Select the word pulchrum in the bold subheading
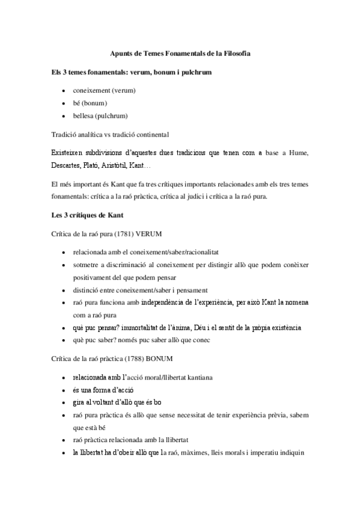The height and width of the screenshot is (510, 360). [192, 72]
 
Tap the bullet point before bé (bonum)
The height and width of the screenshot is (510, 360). [64, 103]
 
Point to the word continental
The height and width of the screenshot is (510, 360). [153, 134]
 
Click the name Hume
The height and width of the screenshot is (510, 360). [298, 153]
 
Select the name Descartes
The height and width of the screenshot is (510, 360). [69, 165]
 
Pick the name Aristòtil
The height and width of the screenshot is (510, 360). [120, 165]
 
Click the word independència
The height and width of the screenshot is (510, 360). [166, 302]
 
